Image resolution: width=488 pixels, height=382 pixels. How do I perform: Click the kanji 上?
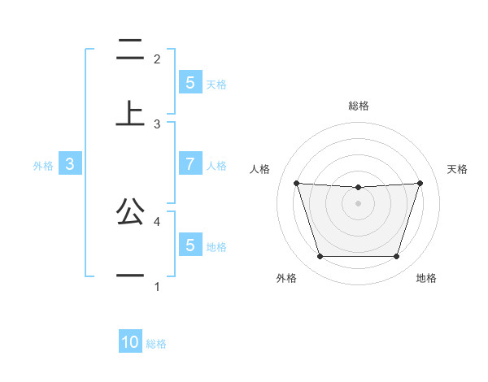(x=130, y=113)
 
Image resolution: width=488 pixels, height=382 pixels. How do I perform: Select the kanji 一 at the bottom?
(x=130, y=276)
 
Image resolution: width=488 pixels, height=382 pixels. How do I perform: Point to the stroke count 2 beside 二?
(x=157, y=59)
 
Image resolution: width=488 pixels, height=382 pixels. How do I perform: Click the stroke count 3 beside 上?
(x=157, y=124)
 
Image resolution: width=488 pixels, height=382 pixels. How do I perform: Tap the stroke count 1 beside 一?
(x=157, y=286)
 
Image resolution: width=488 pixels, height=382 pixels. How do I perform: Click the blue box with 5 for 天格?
(x=190, y=82)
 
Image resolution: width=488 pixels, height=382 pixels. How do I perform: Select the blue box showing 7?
(x=190, y=163)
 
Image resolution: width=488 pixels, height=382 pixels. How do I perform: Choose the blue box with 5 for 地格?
(x=190, y=245)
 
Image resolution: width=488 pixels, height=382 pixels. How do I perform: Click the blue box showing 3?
(x=70, y=163)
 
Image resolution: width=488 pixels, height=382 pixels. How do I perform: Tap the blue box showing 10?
(x=130, y=342)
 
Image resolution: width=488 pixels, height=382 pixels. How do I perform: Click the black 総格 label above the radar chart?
(x=358, y=106)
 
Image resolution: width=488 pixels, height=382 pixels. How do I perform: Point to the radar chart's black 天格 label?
(x=457, y=169)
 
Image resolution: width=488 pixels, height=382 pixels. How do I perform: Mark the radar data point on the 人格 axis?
(x=297, y=183)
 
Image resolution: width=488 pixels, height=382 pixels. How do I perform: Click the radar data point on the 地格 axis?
(x=396, y=257)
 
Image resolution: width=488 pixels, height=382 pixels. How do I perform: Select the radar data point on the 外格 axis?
(x=320, y=257)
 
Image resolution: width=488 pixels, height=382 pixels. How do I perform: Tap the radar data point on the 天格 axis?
(x=420, y=183)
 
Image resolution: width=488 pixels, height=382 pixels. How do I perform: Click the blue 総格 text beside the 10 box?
(x=156, y=344)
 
